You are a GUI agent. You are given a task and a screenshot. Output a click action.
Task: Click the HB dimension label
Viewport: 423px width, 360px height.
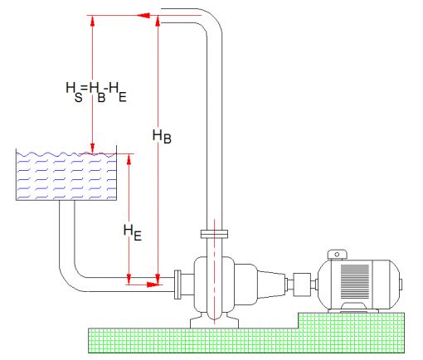pos(162,136)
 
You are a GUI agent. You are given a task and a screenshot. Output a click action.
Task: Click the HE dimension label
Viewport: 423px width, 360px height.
pos(133,233)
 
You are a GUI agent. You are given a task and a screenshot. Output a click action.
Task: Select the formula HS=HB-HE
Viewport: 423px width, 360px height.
pos(96,92)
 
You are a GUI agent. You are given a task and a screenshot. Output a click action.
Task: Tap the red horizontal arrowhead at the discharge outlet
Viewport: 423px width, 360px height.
pos(143,15)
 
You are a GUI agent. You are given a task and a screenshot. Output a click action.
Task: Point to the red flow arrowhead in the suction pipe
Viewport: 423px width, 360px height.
pos(153,285)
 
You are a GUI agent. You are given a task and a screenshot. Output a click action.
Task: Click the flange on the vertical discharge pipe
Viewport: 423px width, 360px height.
pos(214,234)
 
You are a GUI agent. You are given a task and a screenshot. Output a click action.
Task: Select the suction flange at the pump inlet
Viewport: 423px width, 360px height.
pos(177,285)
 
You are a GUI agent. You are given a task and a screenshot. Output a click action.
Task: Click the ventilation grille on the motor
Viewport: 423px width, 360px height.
pos(355,281)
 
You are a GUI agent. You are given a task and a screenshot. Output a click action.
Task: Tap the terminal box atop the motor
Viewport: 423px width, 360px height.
pos(338,255)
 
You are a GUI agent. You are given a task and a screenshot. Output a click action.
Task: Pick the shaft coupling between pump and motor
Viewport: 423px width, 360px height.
pos(302,285)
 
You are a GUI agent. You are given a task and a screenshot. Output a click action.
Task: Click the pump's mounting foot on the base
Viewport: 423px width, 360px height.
pos(214,321)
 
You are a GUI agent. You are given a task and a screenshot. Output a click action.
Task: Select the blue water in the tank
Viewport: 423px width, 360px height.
pos(66,176)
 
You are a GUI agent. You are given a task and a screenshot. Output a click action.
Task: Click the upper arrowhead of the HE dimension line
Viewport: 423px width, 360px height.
pos(129,159)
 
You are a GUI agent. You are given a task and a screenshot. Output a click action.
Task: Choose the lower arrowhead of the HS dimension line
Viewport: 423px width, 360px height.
pos(93,148)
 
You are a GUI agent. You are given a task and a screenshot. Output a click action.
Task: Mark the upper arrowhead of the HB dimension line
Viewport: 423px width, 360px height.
pos(158,21)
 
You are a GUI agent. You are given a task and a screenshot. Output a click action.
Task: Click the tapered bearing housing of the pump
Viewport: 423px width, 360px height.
pos(271,285)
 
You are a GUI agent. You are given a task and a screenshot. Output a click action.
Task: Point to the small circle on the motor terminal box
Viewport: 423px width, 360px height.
pos(337,255)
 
